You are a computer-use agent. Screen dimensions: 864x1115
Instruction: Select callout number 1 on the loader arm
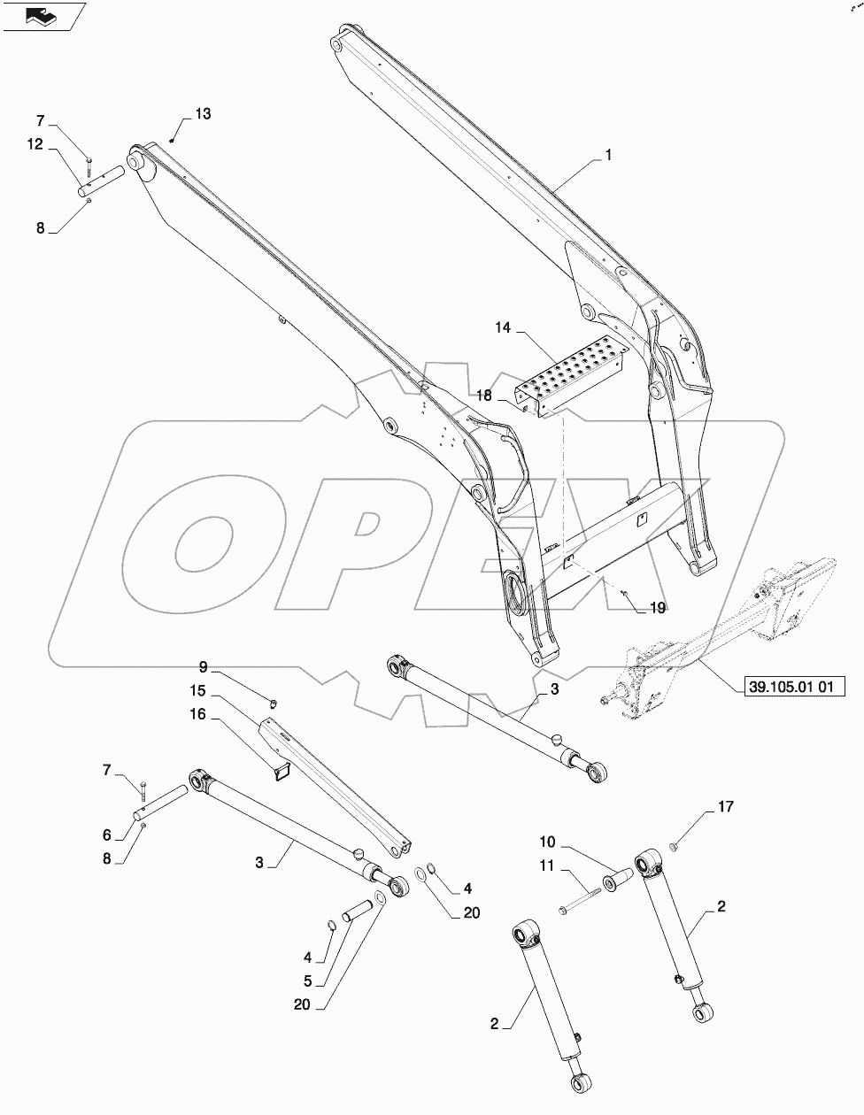(x=609, y=155)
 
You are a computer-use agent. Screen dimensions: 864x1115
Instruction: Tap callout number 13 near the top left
(x=203, y=114)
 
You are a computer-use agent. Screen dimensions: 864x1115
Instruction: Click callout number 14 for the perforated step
(x=503, y=328)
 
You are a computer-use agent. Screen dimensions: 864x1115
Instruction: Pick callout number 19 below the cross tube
(x=657, y=608)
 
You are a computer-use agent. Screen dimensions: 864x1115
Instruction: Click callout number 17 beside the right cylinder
(x=725, y=807)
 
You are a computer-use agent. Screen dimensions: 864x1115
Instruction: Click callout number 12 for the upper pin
(x=35, y=145)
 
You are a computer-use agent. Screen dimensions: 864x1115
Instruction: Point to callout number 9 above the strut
(x=203, y=666)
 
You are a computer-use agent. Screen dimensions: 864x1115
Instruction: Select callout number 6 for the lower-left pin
(x=106, y=834)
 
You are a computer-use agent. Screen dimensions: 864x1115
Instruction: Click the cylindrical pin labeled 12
(x=104, y=180)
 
